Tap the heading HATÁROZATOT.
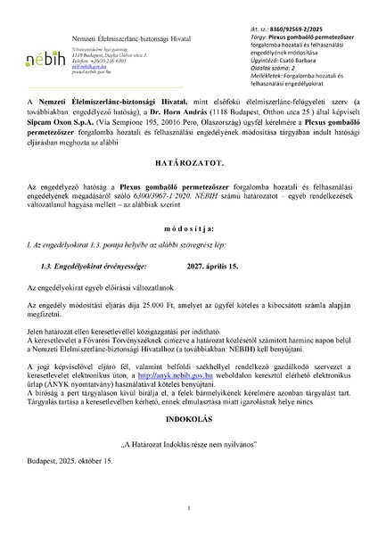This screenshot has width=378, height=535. coord(189,189)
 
